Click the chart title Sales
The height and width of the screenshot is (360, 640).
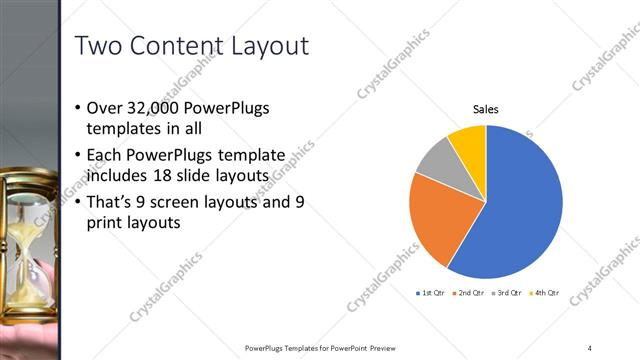(x=485, y=109)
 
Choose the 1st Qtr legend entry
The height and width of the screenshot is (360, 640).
(x=430, y=293)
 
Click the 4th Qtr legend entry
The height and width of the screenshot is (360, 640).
(x=544, y=293)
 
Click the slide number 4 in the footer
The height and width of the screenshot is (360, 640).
(x=590, y=348)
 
